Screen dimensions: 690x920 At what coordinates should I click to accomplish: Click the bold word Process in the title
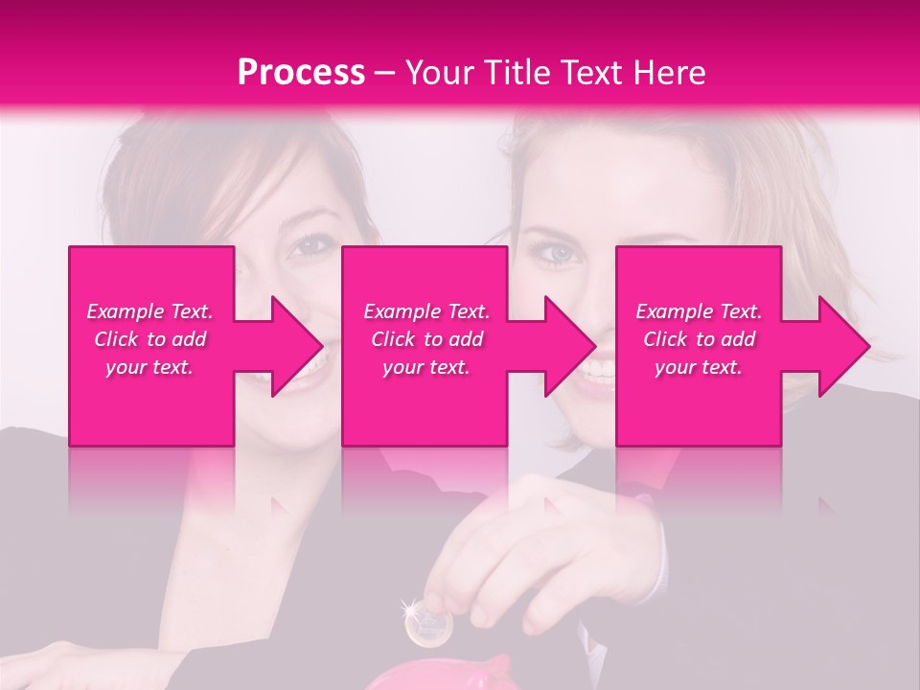301,73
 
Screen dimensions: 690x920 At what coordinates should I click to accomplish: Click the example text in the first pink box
150,338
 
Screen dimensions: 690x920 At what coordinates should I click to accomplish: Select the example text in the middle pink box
426,338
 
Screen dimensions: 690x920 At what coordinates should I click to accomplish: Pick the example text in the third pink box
699,338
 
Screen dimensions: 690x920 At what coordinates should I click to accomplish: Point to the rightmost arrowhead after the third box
839,346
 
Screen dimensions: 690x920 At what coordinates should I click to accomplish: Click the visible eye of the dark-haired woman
310,246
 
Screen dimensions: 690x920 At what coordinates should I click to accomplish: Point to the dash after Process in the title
384,73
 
